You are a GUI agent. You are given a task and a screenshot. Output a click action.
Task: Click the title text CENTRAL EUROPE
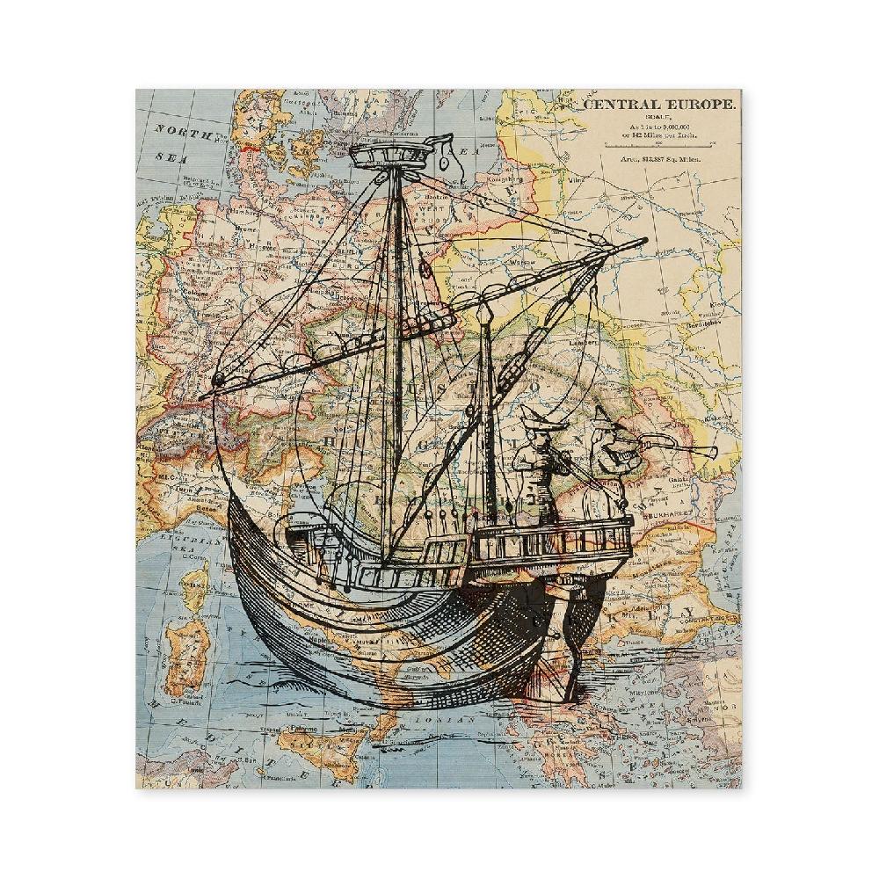coord(661,105)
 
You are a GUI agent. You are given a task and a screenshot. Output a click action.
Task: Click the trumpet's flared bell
coord(708,452)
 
